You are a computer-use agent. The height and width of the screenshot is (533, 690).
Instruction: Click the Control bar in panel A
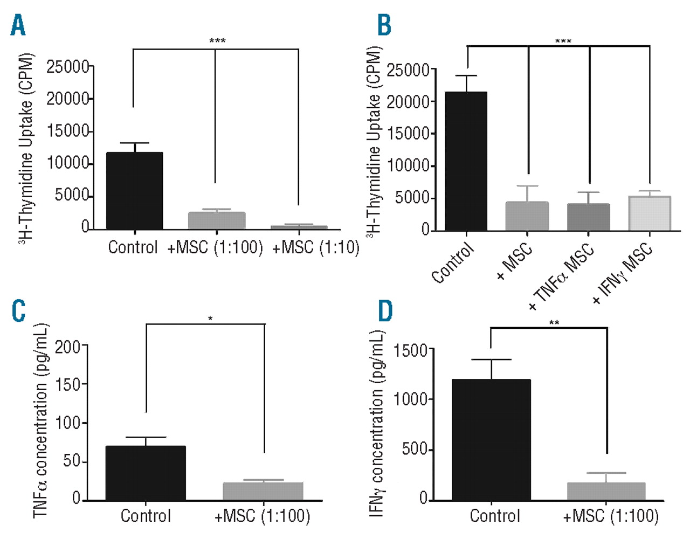pyautogui.click(x=135, y=191)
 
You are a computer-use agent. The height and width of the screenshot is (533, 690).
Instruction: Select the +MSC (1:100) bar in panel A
pyautogui.click(x=216, y=220)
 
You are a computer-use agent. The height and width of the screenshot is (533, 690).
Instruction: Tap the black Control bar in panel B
pyautogui.click(x=467, y=161)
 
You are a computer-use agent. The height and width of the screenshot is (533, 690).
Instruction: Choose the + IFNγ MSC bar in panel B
pyautogui.click(x=650, y=213)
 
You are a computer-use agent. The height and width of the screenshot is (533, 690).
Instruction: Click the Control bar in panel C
pyautogui.click(x=146, y=473)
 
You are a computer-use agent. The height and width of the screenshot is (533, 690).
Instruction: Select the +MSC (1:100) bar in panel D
pyautogui.click(x=607, y=491)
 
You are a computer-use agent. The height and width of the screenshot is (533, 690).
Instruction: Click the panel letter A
pyautogui.click(x=18, y=25)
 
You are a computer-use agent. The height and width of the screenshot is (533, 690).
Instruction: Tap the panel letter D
pyautogui.click(x=385, y=311)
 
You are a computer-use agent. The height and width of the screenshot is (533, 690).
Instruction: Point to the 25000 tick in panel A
pyautogui.click(x=67, y=67)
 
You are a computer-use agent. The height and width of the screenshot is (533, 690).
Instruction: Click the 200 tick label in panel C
pyautogui.click(x=67, y=347)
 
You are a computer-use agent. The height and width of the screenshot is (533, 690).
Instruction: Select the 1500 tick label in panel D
pyautogui.click(x=410, y=351)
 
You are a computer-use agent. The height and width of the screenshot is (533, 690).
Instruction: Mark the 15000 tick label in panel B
pyautogui.click(x=408, y=134)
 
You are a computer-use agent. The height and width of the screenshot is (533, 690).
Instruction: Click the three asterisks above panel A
pyautogui.click(x=217, y=41)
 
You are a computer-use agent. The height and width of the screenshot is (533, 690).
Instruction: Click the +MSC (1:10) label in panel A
pyautogui.click(x=316, y=247)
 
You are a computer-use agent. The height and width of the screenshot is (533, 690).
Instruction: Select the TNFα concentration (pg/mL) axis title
pyautogui.click(x=41, y=421)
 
